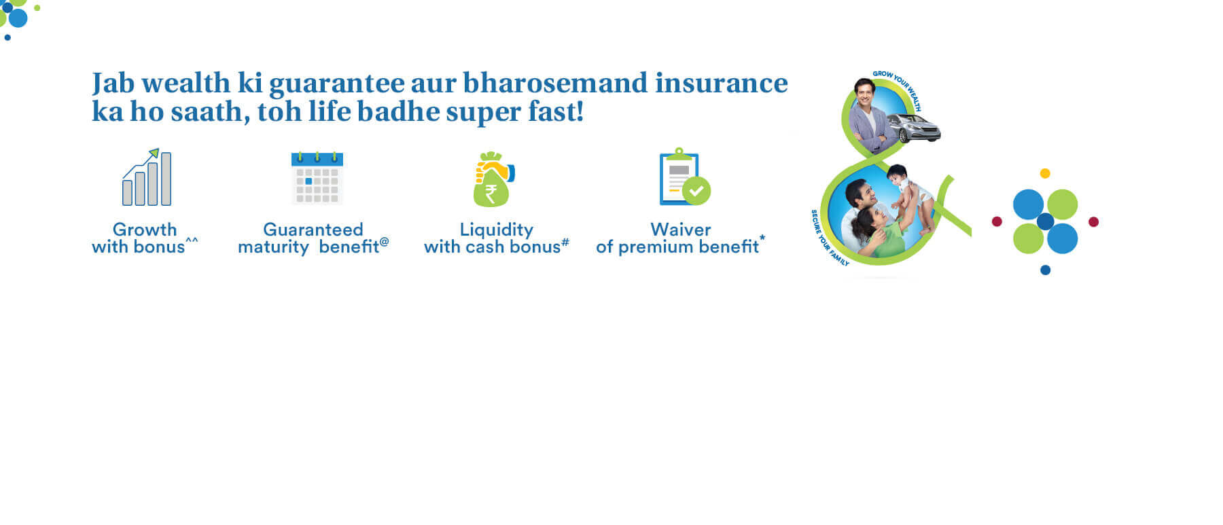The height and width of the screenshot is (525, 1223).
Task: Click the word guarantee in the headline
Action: coord(337,84)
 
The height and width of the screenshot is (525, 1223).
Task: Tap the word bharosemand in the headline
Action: coord(555,83)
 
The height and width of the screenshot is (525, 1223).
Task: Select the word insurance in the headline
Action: coord(722,83)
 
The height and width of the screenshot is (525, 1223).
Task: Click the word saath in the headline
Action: coord(210,112)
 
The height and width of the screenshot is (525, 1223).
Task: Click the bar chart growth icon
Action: coord(147,177)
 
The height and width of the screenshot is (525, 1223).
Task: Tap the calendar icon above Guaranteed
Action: coord(317,178)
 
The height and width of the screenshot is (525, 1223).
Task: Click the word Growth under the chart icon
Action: coord(145,230)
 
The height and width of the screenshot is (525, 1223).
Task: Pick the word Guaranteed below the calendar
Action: coord(313,230)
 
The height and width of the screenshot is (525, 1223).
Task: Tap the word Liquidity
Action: coord(497,230)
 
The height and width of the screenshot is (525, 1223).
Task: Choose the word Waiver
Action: coord(681,230)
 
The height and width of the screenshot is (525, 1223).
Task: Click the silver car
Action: coord(914,127)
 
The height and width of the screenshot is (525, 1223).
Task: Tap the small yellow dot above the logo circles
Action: coord(1045,174)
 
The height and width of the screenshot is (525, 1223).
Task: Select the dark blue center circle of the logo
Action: coord(1045,221)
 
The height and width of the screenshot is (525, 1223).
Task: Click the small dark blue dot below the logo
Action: coord(1045,270)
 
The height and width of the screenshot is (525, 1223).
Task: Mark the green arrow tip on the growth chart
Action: coord(156,152)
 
